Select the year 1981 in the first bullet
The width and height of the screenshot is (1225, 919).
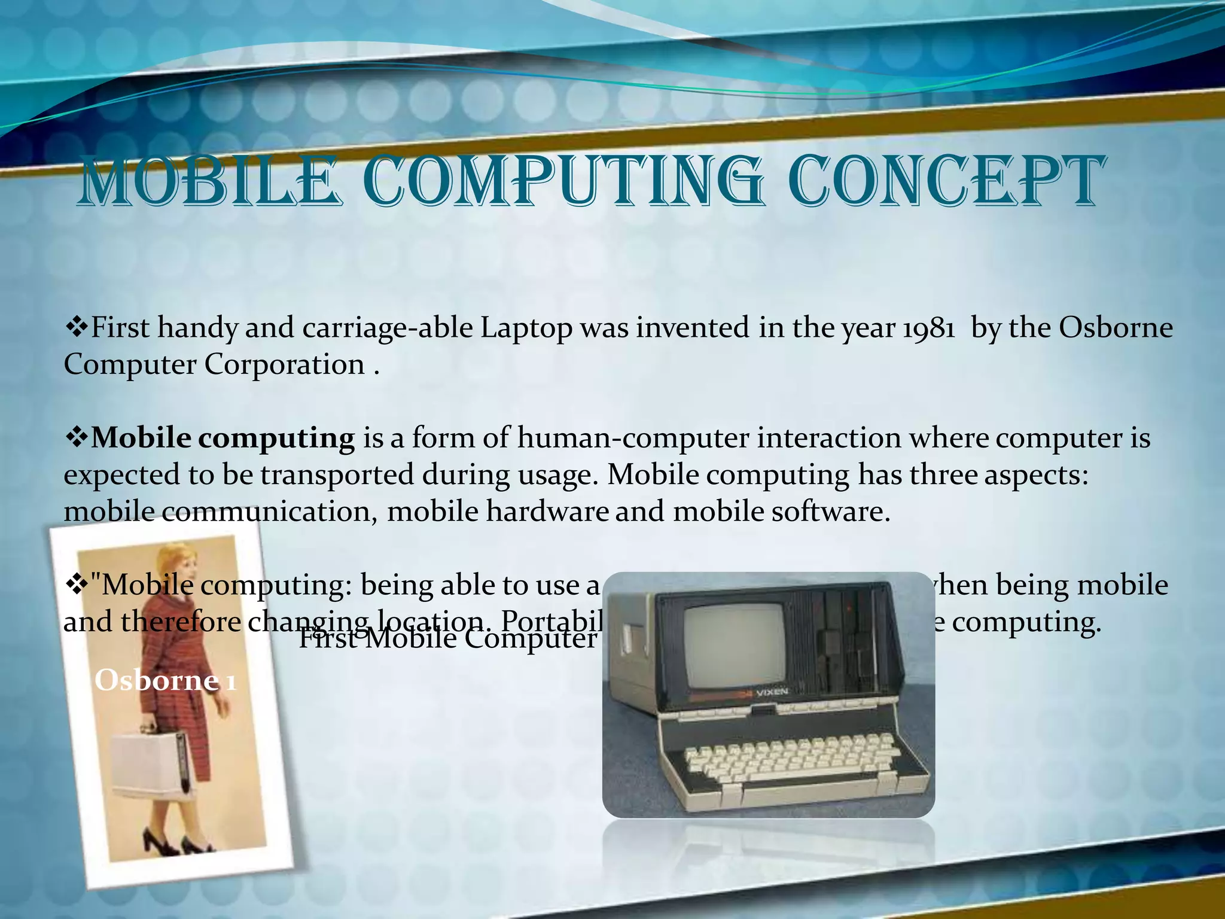pyautogui.click(x=928, y=328)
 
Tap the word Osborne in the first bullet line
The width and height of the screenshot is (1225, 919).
pyautogui.click(x=1116, y=328)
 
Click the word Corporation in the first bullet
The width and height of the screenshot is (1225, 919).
pyautogui.click(x=284, y=365)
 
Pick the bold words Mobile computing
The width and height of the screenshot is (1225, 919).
pyautogui.click(x=223, y=439)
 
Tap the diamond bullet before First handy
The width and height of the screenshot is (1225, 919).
pyautogui.click(x=76, y=328)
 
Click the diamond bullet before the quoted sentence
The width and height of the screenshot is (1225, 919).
pyautogui.click(x=76, y=585)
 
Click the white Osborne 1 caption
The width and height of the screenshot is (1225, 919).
pyautogui.click(x=165, y=681)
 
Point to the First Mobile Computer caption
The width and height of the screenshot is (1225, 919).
pyautogui.click(x=447, y=639)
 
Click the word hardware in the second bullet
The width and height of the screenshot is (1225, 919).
pyautogui.click(x=547, y=512)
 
